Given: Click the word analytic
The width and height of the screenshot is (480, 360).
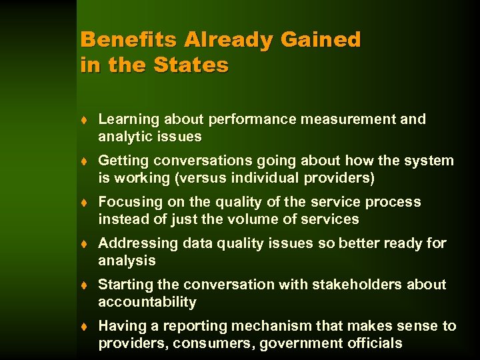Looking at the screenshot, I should coord(125,137).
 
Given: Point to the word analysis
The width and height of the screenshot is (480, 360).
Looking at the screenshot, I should coord(127,261).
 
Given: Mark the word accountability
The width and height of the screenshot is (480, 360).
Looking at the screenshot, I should coord(147,302).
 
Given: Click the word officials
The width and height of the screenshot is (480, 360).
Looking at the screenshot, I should coord(374,343).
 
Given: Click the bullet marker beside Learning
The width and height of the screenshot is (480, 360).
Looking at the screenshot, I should coord(85,120).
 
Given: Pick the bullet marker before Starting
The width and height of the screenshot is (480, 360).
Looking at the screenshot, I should coord(85,285).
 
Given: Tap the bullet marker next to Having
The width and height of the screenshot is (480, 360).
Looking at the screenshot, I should coord(85,327).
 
